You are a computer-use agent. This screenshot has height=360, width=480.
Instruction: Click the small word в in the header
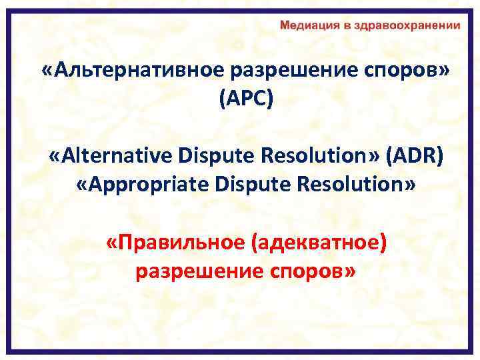click(338, 25)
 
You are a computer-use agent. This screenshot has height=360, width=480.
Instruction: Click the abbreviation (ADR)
click(413, 156)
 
